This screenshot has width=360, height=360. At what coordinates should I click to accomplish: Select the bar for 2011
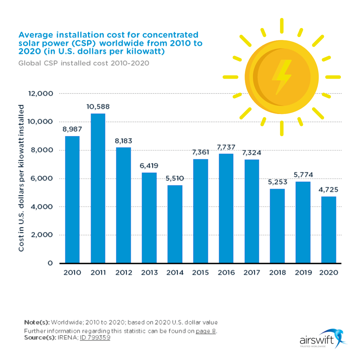[x=98, y=188]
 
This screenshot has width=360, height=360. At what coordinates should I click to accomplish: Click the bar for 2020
[x=329, y=230]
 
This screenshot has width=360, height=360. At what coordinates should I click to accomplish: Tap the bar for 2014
[x=175, y=224]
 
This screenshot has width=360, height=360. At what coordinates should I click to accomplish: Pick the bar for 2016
[x=226, y=208]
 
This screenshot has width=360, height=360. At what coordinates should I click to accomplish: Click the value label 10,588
[x=98, y=107]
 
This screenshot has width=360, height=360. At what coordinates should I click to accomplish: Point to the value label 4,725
[x=329, y=190]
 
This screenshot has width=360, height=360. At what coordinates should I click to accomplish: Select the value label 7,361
[x=200, y=152]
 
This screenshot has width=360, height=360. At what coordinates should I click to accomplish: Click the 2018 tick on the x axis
[x=278, y=273]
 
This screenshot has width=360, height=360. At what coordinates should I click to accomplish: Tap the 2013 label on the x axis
[x=149, y=273]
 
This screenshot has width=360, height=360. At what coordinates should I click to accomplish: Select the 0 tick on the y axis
[x=50, y=263]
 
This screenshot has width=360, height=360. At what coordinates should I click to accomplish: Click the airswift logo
[x=322, y=339]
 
